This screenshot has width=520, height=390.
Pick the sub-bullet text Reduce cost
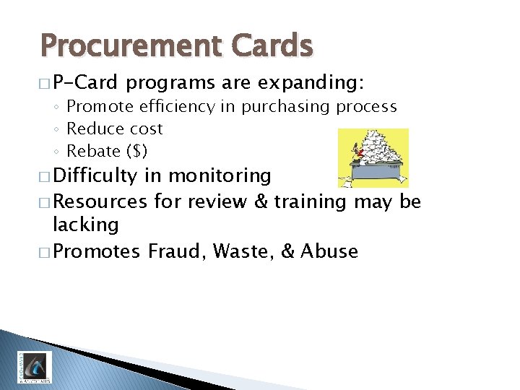pyautogui.click(x=114, y=129)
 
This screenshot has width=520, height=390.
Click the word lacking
pyautogui.click(x=86, y=225)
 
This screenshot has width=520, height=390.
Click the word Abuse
pyautogui.click(x=329, y=251)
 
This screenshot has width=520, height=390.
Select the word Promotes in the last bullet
pyautogui.click(x=97, y=251)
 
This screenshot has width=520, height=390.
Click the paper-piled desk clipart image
pyautogui.click(x=374, y=157)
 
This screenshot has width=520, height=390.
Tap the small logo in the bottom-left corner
pyautogui.click(x=34, y=367)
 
